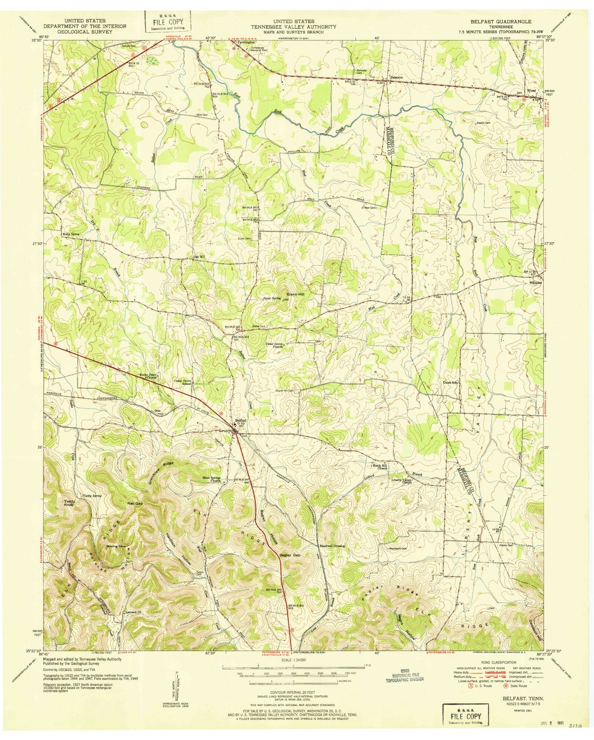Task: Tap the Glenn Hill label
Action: coord(295,294)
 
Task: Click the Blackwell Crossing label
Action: coord(333,546)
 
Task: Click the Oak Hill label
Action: coord(199,257)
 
